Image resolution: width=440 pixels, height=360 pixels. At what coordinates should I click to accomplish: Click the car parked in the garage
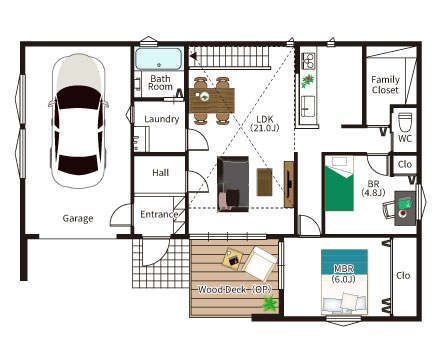coord(79,121)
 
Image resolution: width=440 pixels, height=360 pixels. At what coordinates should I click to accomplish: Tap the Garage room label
coord(78,219)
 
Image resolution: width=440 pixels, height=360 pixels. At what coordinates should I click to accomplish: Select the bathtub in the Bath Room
coord(159,59)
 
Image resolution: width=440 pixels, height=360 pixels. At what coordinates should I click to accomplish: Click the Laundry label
coord(162,119)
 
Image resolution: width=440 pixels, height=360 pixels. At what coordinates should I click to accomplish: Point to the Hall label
coord(161,173)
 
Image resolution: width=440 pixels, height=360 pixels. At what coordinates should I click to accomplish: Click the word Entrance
coord(159,214)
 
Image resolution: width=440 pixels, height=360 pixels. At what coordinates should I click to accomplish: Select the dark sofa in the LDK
coord(233,184)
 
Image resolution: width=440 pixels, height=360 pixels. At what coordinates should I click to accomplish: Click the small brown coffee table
coord(264,182)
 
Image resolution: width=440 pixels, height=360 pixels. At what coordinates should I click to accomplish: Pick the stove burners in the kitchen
coord(308,59)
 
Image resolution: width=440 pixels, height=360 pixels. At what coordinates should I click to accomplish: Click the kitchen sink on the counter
coord(308,106)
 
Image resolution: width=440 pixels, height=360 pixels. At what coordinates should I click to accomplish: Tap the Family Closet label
coord(385,85)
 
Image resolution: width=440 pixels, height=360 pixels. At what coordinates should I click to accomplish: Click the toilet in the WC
coord(405,122)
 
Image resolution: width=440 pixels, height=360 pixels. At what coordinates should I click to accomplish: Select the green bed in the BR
coord(339,183)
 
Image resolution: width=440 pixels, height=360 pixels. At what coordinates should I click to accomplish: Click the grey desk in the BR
coord(405,208)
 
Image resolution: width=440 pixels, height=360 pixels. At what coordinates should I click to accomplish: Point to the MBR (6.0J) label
coord(344,274)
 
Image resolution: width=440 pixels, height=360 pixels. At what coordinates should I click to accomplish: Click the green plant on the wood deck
coord(270,304)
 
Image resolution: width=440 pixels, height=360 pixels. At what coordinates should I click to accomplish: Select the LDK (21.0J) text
coord(265,123)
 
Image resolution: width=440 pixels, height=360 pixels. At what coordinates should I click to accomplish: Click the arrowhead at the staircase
coord(193,56)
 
